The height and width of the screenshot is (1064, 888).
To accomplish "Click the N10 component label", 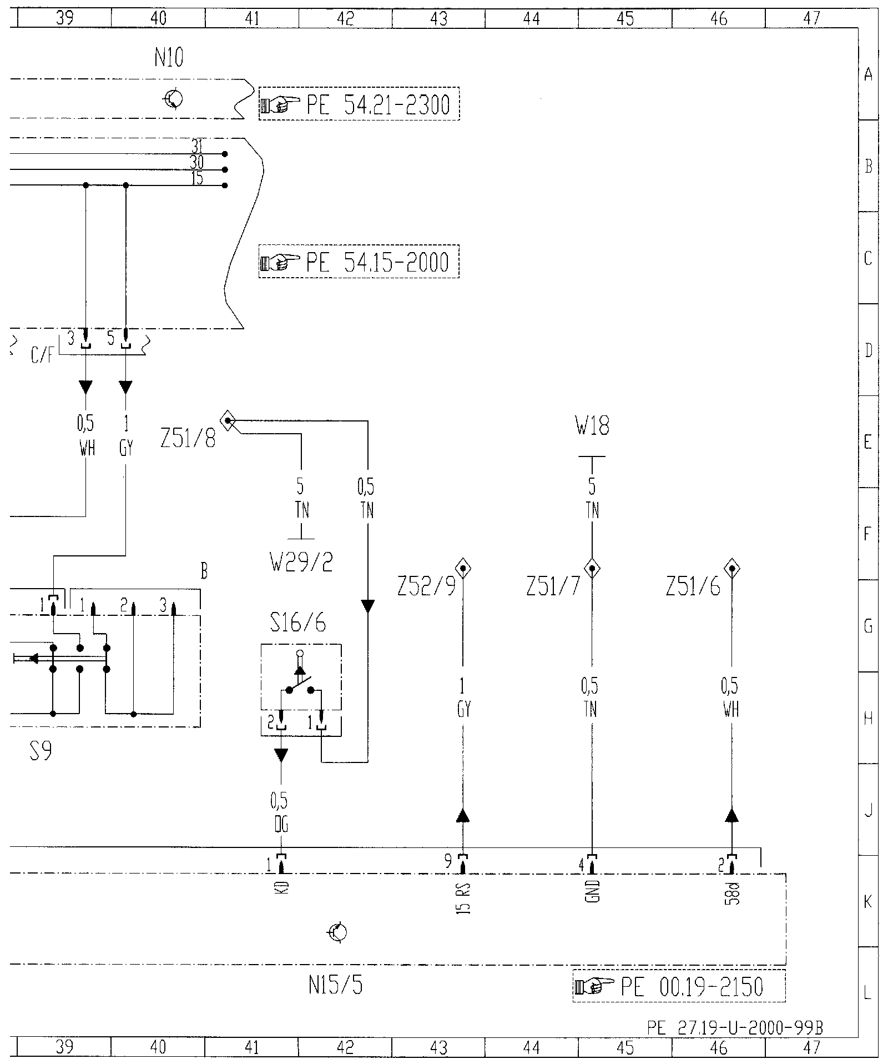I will click(169, 58).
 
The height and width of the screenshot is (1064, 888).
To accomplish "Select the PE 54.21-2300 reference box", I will click(359, 104).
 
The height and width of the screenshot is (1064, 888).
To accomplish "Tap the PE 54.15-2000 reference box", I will click(359, 262).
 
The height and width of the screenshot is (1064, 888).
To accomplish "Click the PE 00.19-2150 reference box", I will click(679, 986).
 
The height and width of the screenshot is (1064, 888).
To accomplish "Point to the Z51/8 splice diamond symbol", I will click(228, 420).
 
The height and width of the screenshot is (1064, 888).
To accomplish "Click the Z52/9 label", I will click(426, 588).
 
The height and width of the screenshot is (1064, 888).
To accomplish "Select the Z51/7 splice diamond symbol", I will click(592, 569).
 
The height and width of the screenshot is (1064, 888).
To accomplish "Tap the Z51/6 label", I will click(693, 588).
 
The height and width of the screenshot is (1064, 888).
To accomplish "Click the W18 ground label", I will click(592, 427).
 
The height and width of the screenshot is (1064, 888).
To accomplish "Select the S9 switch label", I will click(41, 753).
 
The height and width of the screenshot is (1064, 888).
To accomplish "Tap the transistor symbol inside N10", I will click(173, 100).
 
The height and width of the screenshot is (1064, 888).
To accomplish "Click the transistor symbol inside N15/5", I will click(337, 932).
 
